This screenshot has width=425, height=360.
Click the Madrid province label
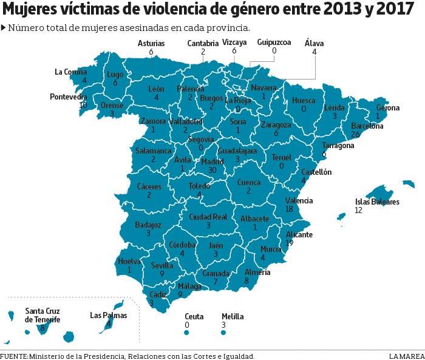(212, 162)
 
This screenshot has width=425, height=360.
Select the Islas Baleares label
(377, 202)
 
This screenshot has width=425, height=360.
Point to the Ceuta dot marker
(186, 333)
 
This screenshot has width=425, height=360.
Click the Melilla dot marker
(224, 333)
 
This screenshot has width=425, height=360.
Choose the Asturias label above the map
(151, 44)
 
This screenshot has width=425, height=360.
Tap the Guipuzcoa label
(274, 42)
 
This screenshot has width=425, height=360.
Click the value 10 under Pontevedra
(83, 105)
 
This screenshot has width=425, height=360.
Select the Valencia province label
(299, 200)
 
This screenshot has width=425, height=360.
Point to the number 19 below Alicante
(290, 243)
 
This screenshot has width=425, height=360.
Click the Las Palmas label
(108, 315)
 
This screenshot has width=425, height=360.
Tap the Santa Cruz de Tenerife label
(42, 315)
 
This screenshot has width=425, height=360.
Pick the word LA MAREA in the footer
(407, 356)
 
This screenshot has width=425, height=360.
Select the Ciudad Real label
(208, 217)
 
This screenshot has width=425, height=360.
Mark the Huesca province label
(304, 100)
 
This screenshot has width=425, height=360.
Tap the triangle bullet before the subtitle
(4, 28)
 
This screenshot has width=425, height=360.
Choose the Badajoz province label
(148, 225)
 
